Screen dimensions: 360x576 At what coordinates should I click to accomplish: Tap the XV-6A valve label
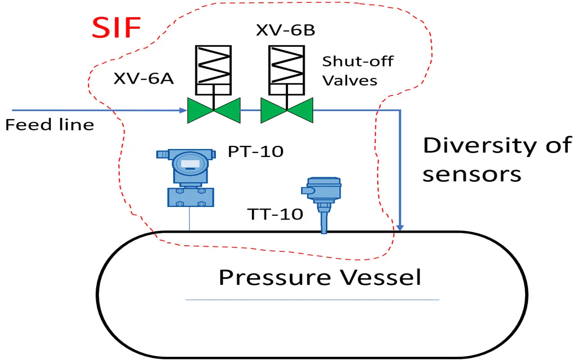(143, 79)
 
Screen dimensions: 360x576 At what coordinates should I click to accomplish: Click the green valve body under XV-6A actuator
(214, 110)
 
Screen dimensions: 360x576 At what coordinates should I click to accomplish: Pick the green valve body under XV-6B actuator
(287, 110)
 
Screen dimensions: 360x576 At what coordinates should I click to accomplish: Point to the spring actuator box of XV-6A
(213, 70)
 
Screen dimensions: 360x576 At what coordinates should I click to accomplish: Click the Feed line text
(49, 124)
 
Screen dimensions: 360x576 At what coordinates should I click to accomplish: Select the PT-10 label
(256, 152)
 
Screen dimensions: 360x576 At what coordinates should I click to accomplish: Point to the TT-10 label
(275, 215)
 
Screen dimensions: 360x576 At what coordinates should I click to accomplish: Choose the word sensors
(472, 174)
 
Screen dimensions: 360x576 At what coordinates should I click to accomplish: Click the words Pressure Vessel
(319, 277)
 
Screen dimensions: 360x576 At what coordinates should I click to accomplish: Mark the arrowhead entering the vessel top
(400, 228)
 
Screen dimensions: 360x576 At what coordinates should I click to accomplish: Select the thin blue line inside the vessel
(312, 300)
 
